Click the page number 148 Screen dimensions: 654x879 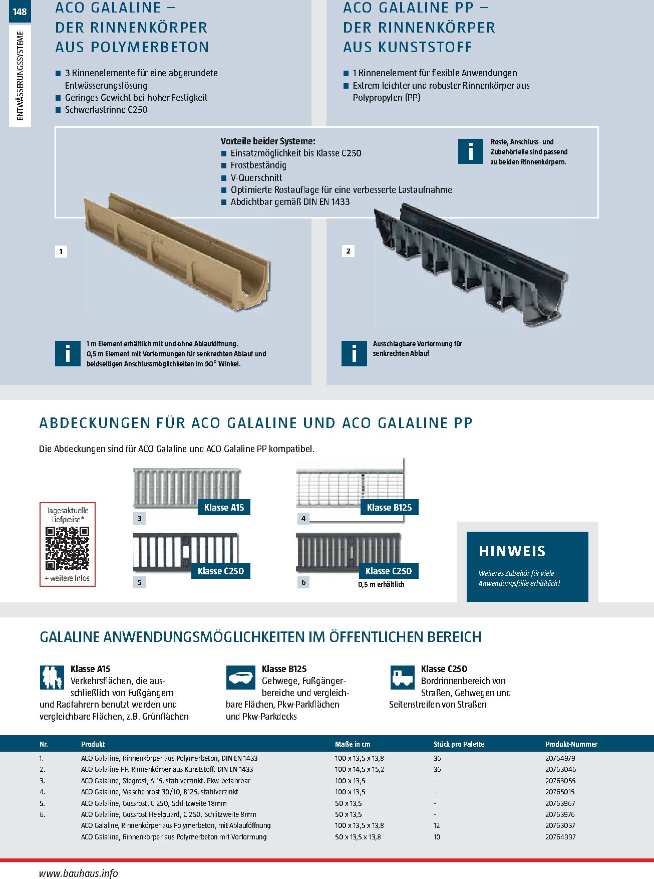coord(20,12)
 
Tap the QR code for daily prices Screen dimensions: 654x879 coord(67,548)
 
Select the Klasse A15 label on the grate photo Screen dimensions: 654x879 coord(224,507)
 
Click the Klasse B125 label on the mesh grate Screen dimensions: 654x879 coord(389,507)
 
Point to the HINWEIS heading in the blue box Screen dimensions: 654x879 coord(512,551)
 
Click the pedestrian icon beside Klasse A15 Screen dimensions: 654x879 coord(52,677)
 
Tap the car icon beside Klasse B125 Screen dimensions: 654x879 coord(241,678)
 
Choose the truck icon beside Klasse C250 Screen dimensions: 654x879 coord(402,678)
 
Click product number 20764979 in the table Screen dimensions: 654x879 coord(560,758)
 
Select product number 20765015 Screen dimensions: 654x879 coord(560,792)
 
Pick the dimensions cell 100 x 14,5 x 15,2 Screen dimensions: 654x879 coord(360,769)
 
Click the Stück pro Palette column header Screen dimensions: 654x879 coord(459,744)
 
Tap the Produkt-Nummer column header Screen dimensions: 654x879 coord(571,744)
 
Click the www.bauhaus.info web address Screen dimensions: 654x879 coord(78,873)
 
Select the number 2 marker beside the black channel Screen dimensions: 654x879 coord(348,251)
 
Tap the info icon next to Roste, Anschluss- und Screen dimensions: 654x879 coord(470,151)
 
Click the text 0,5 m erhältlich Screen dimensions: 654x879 coord(381,584)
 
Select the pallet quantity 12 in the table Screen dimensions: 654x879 coord(437,825)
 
